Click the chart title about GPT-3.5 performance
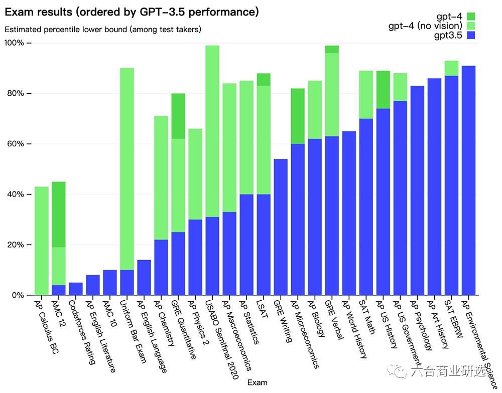[132, 12]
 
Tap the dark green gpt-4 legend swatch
[470, 17]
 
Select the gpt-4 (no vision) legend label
[425, 26]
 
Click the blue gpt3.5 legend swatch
[470, 35]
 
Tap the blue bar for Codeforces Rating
[76, 289]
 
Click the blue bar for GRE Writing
[281, 227]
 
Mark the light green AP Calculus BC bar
[42, 241]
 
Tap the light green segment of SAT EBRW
[451, 68]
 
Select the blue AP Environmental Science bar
[468, 180]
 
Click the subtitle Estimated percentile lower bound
[103, 29]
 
